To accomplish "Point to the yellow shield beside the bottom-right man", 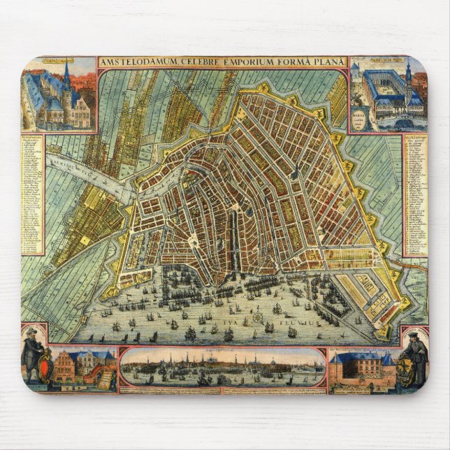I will point(403,366).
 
